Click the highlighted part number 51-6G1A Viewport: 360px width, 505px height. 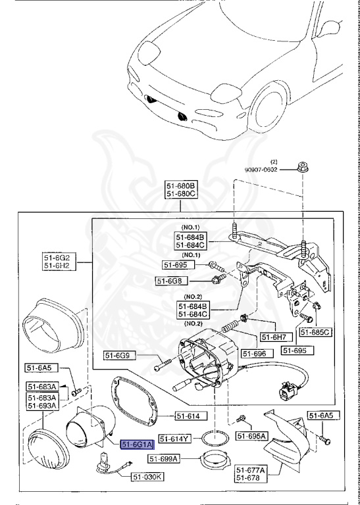(136, 445)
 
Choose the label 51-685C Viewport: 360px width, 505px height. (315, 332)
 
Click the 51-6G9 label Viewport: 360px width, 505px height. (120, 356)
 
